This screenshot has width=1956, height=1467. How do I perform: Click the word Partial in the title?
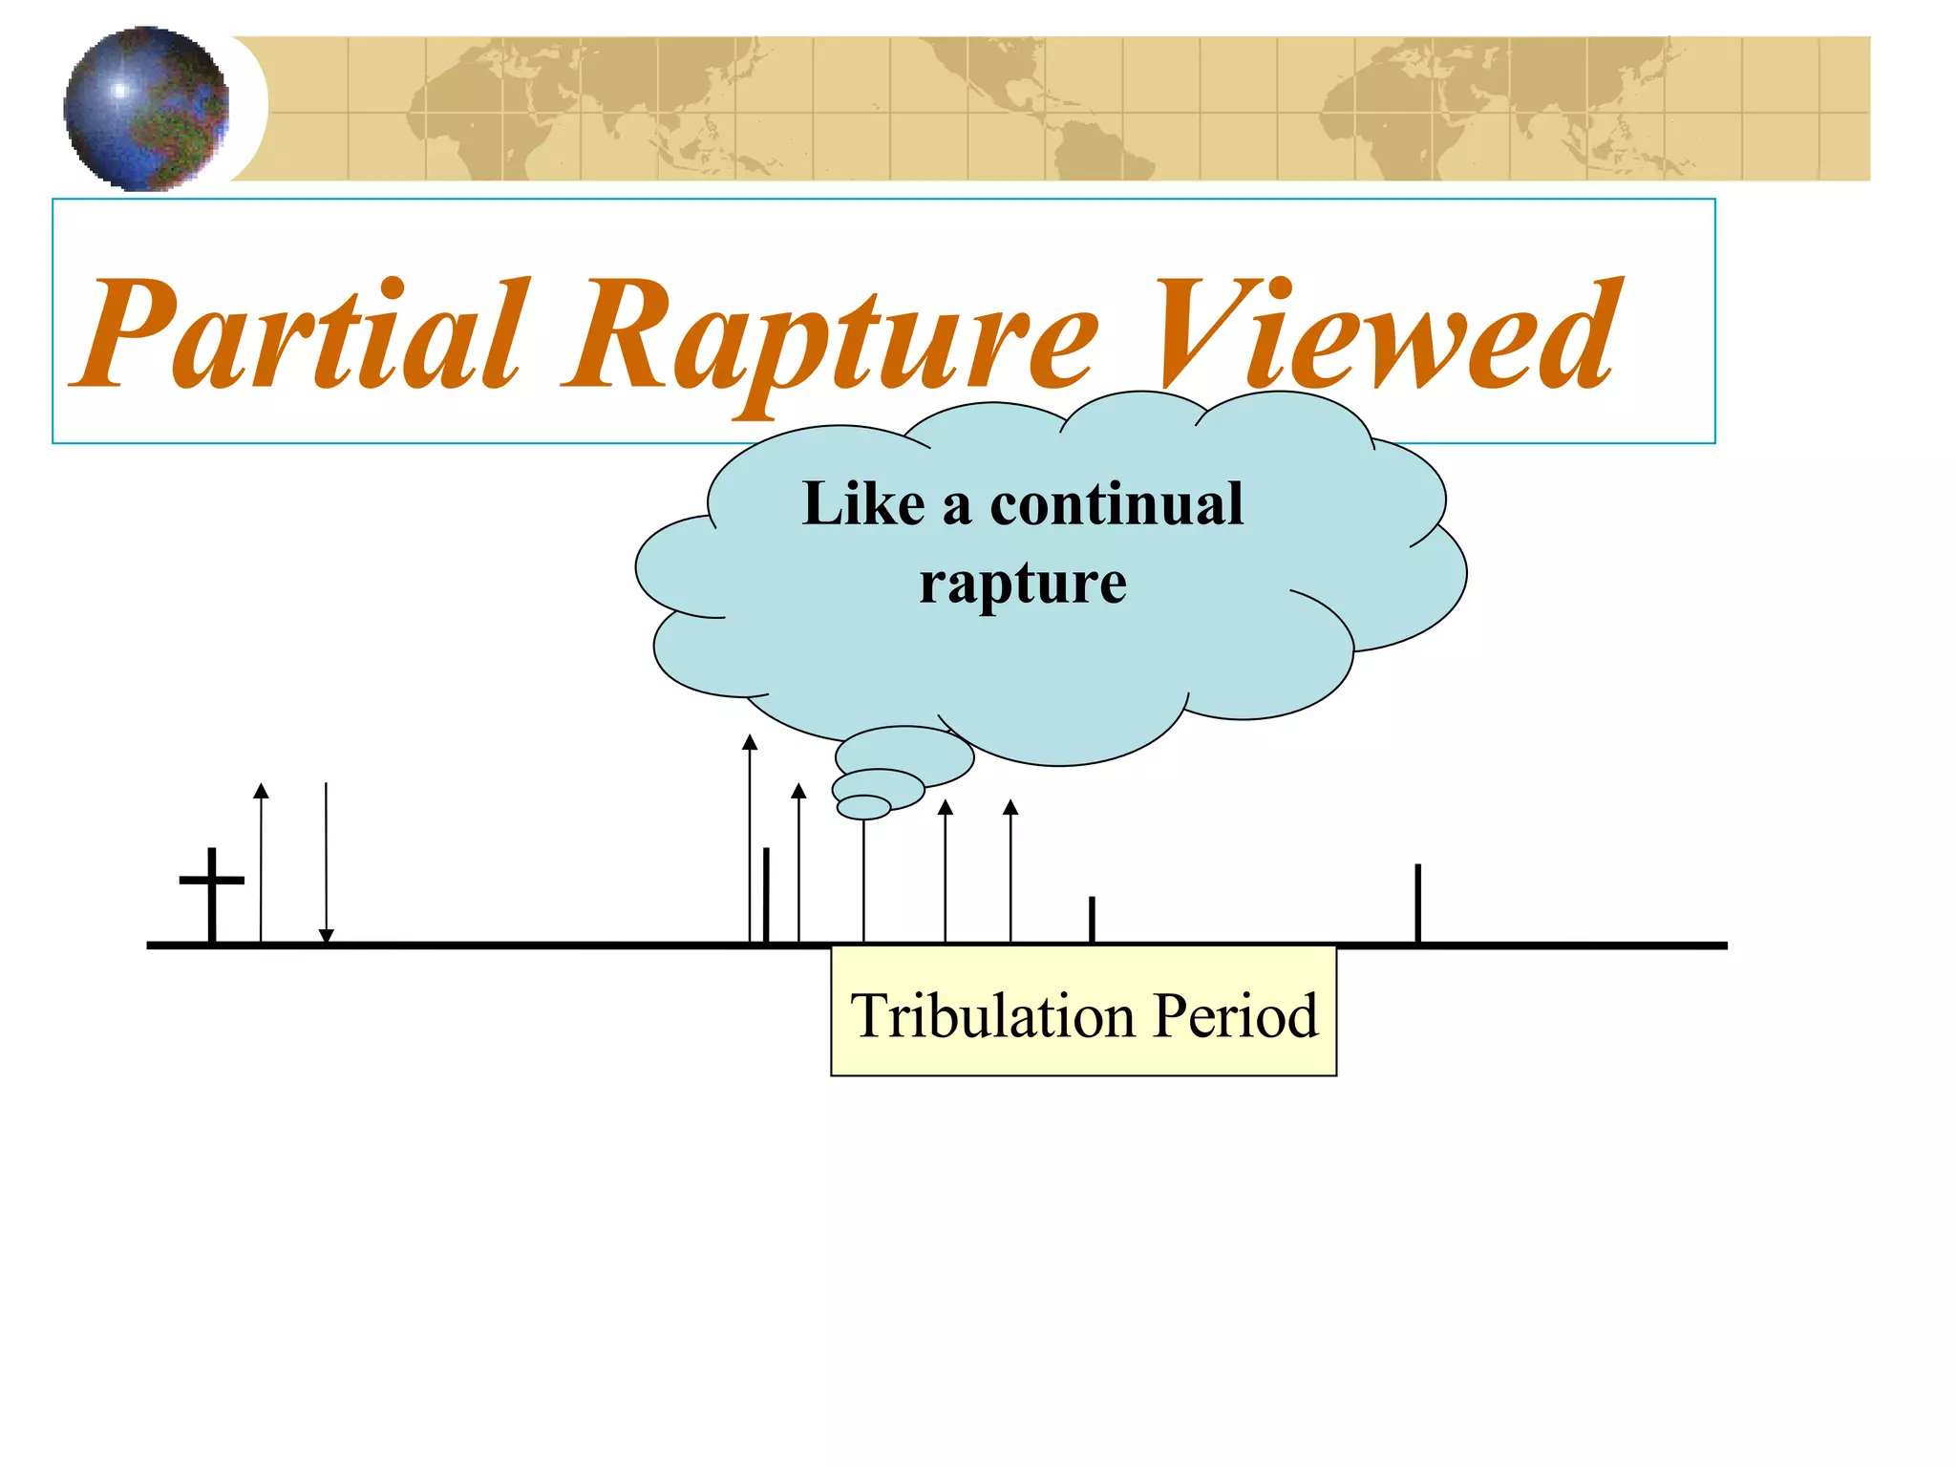(301, 334)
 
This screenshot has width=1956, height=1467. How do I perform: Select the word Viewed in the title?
(1385, 334)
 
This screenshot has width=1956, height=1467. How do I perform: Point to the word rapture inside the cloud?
(1022, 583)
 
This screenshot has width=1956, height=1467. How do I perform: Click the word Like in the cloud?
(863, 503)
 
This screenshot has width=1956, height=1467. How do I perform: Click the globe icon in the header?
(146, 108)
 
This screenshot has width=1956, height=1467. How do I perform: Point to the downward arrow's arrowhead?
(326, 936)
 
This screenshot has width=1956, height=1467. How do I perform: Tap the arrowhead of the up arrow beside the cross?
(261, 790)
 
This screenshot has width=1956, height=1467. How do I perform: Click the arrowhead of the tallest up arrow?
(750, 742)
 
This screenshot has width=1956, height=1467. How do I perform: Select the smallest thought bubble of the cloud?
(863, 808)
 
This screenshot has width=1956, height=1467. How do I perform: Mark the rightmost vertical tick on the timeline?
(1418, 903)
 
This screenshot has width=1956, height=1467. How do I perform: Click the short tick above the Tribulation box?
(1092, 919)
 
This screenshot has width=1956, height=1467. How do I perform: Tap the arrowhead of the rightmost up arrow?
(1010, 808)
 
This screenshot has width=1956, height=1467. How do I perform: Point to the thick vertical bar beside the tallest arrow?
(766, 895)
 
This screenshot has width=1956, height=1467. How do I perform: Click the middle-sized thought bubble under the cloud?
(879, 788)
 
